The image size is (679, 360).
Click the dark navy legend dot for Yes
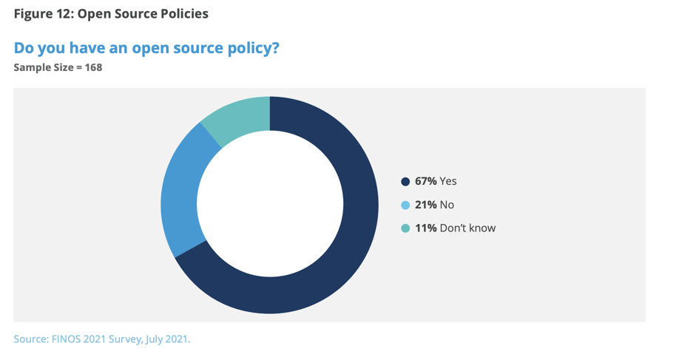[405, 181]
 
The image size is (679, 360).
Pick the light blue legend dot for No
[405, 205]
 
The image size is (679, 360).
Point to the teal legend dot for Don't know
[405, 228]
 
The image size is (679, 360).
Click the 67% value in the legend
[425, 181]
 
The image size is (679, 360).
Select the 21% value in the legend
[425, 205]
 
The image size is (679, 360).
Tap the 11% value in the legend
[425, 228]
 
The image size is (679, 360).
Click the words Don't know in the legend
[467, 228]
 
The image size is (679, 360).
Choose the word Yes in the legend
[448, 181]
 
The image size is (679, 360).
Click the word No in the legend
[447, 205]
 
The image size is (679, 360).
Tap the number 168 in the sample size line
[92, 68]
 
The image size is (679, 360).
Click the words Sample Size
[43, 68]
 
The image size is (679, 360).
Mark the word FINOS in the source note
[67, 340]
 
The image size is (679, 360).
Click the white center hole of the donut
[270, 205]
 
